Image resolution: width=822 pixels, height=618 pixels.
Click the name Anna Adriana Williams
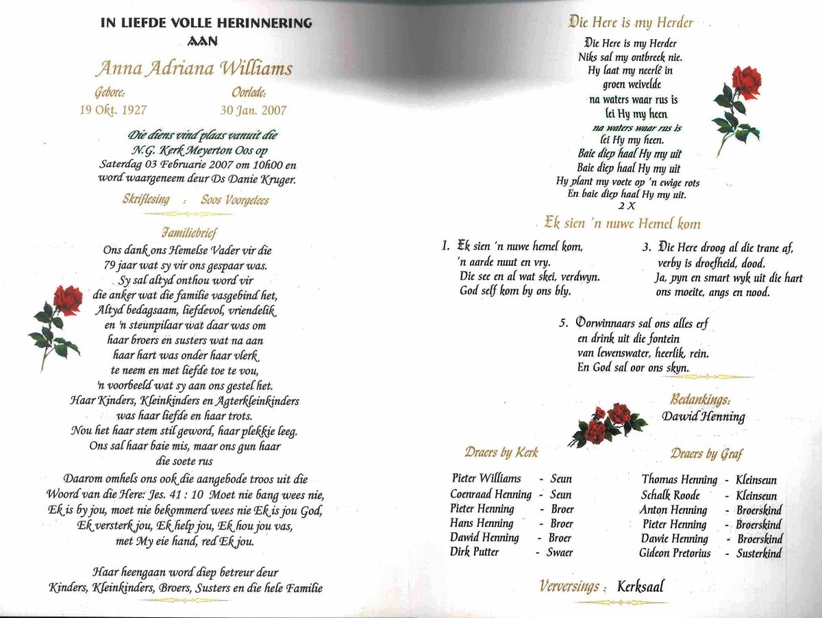[x=193, y=69]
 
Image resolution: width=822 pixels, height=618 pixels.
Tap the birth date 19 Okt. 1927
[x=113, y=110]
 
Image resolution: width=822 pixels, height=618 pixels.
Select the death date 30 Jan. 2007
[x=253, y=110]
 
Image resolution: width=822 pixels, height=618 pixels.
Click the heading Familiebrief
[x=190, y=233]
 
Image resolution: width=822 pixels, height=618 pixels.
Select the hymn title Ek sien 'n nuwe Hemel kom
[x=622, y=223]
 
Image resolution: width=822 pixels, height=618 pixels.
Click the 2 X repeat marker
[x=626, y=206]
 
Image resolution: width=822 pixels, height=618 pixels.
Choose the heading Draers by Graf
[x=706, y=454]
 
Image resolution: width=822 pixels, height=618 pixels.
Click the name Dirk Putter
[x=475, y=552]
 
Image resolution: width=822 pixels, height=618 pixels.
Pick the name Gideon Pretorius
[x=675, y=553]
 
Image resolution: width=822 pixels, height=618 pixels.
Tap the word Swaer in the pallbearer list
[x=560, y=552]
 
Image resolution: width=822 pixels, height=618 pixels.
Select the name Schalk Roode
[x=670, y=495]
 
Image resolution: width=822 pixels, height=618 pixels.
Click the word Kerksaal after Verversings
[x=640, y=586]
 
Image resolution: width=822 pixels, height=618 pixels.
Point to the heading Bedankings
[x=699, y=399]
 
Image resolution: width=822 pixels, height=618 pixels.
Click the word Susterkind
[x=758, y=553]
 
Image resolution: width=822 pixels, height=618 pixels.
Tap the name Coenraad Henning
[x=490, y=494]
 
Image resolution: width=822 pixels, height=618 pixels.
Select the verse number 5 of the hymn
[x=562, y=323]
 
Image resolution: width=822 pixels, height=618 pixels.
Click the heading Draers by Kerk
[x=501, y=452]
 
